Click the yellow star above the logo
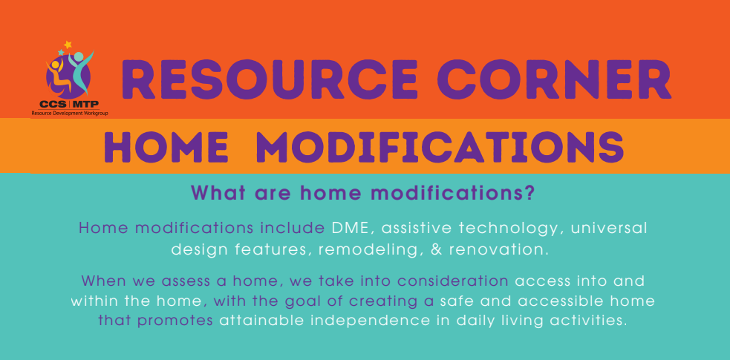pyautogui.click(x=68, y=45)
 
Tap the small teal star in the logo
pyautogui.click(x=60, y=53)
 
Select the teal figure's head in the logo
pyautogui.click(x=79, y=56)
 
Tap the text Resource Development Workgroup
pyautogui.click(x=69, y=113)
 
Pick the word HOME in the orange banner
pyautogui.click(x=166, y=146)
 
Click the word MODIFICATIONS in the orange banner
pyautogui.click(x=440, y=146)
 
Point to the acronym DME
pyautogui.click(x=348, y=229)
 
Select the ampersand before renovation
pyautogui.click(x=436, y=249)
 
